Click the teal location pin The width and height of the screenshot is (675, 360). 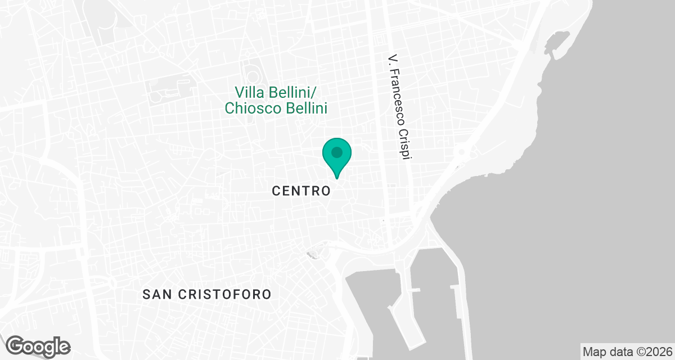tap(337, 157)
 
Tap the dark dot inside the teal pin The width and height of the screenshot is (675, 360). tap(337, 152)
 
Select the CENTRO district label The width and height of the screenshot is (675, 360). tap(301, 191)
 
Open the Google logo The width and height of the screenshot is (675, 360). tap(38, 346)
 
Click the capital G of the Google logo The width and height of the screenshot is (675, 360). tap(16, 345)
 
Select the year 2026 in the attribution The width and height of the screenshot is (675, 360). tap(658, 352)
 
